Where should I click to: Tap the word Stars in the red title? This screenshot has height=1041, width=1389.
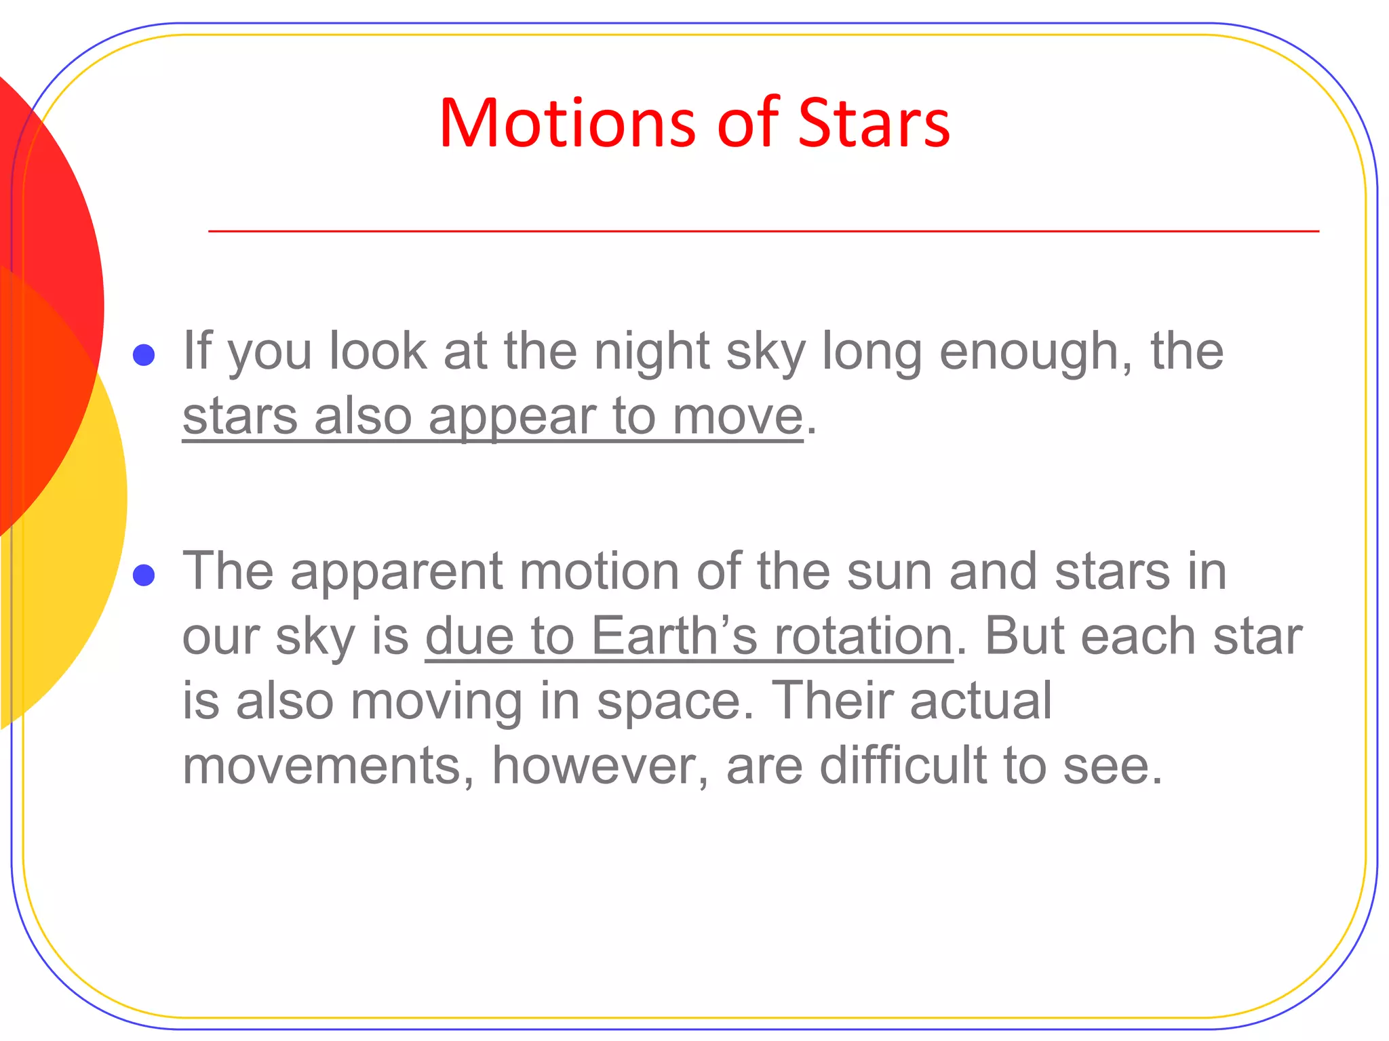click(874, 123)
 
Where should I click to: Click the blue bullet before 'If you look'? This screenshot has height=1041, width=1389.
click(144, 354)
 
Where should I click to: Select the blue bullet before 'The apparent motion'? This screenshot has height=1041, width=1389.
click(144, 575)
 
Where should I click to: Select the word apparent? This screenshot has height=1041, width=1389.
click(397, 571)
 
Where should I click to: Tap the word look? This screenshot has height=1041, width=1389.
click(378, 351)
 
